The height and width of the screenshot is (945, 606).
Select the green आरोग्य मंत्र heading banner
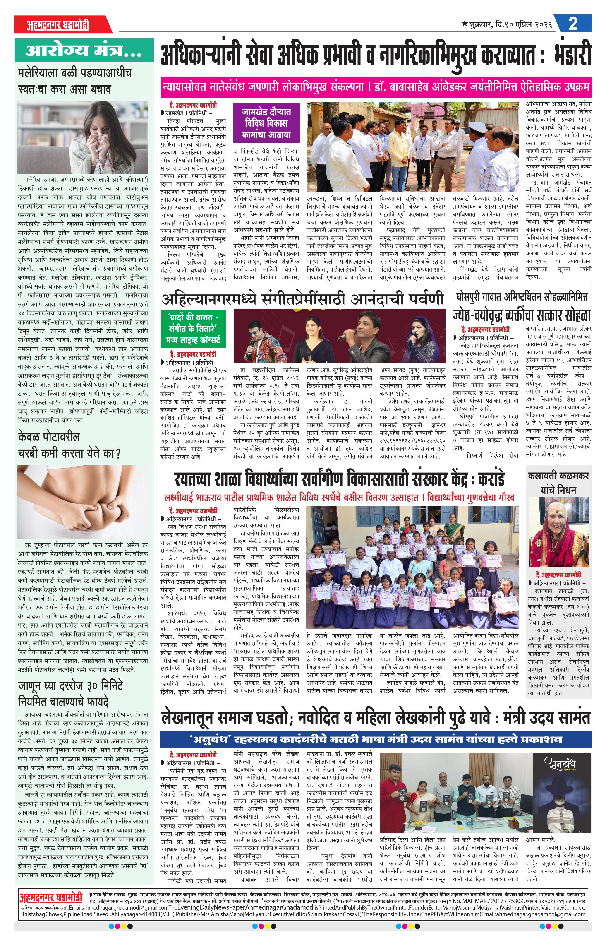[84, 50]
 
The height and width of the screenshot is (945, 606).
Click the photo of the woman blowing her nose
[83, 137]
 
